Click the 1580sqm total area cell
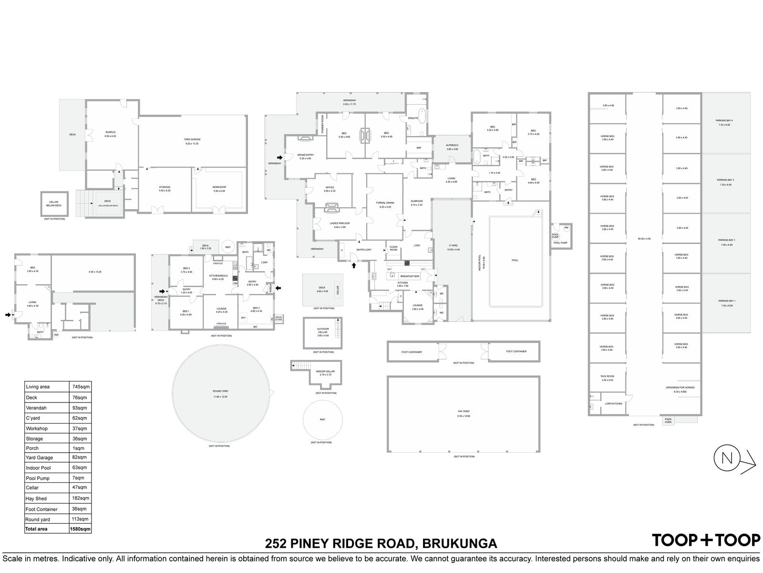click(x=79, y=529)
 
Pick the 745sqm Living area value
click(x=79, y=387)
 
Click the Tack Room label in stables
click(x=607, y=376)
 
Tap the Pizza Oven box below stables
click(x=668, y=420)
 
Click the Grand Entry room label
click(x=305, y=155)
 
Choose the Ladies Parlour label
click(x=340, y=223)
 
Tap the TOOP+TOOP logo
click(x=706, y=540)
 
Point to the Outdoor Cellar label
click(x=323, y=329)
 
